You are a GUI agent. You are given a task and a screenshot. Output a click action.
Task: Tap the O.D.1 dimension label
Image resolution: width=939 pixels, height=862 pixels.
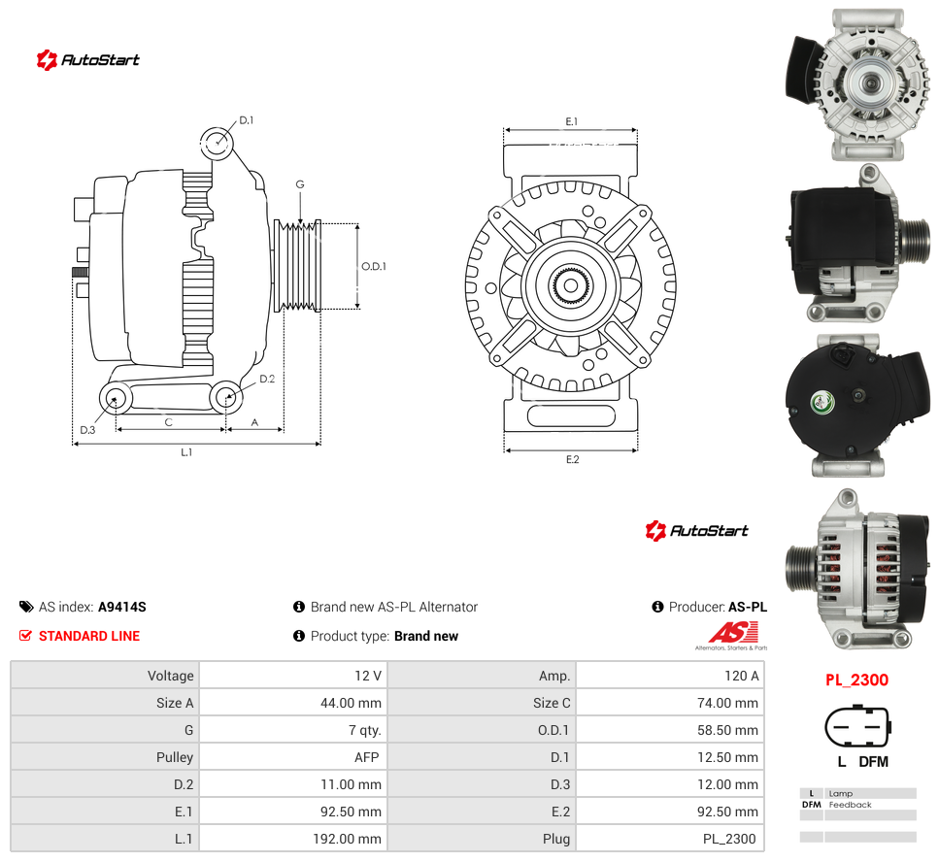tap(374, 266)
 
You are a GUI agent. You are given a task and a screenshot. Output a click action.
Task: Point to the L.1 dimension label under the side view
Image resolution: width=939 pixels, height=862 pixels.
tap(186, 452)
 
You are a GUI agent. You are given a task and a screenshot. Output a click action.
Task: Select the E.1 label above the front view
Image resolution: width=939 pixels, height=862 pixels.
tap(572, 121)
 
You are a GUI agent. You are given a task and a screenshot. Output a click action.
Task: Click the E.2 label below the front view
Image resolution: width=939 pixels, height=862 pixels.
tap(573, 460)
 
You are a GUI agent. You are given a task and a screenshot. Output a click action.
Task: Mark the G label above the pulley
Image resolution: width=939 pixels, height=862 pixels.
tap(300, 184)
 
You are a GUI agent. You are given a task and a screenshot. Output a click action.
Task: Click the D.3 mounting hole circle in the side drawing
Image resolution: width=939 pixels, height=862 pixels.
tap(102, 397)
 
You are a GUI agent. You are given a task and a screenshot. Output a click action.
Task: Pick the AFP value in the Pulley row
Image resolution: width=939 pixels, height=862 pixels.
tap(366, 757)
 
